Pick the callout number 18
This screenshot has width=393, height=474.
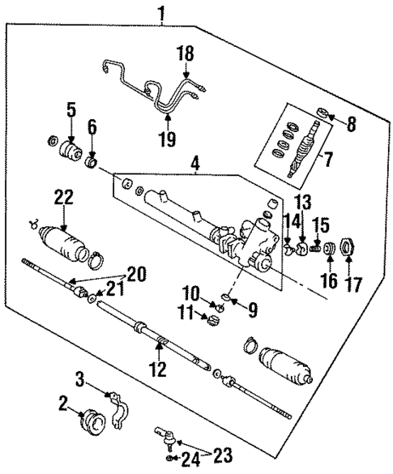[x=185, y=53]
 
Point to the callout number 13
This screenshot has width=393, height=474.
[x=302, y=201]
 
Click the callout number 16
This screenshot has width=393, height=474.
[x=329, y=284]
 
